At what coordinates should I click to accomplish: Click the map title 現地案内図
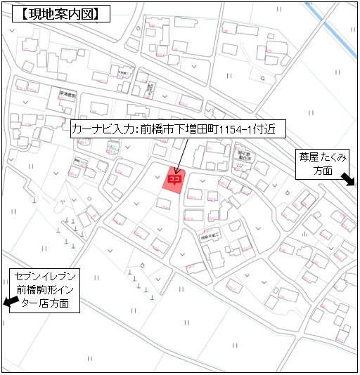[57, 13]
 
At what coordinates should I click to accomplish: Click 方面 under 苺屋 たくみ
[323, 171]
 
